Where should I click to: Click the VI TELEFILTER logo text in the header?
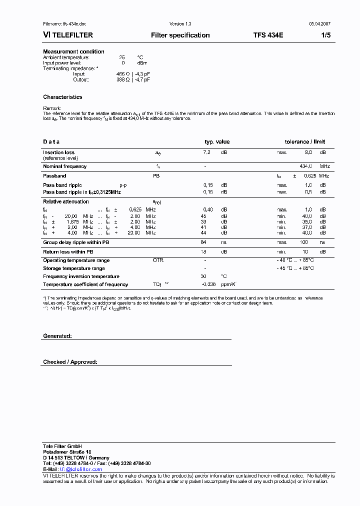(x=68, y=35)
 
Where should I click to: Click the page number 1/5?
(x=325, y=35)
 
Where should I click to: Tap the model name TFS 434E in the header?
(x=268, y=35)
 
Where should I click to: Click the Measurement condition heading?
(x=73, y=51)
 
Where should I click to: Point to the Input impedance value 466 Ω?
(x=122, y=74)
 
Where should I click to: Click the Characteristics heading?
(x=62, y=97)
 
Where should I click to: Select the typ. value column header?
(x=217, y=142)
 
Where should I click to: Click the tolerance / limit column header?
(x=305, y=142)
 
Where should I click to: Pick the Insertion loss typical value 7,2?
(x=207, y=152)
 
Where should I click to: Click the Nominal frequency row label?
(x=64, y=166)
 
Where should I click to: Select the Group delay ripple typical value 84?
(x=203, y=242)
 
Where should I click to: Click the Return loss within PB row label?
(x=68, y=252)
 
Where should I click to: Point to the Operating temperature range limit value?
(x=295, y=260)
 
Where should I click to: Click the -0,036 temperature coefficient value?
(x=208, y=284)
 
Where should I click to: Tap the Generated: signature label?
(x=57, y=336)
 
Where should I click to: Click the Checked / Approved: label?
(x=70, y=362)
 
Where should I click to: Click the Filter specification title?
(x=180, y=35)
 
